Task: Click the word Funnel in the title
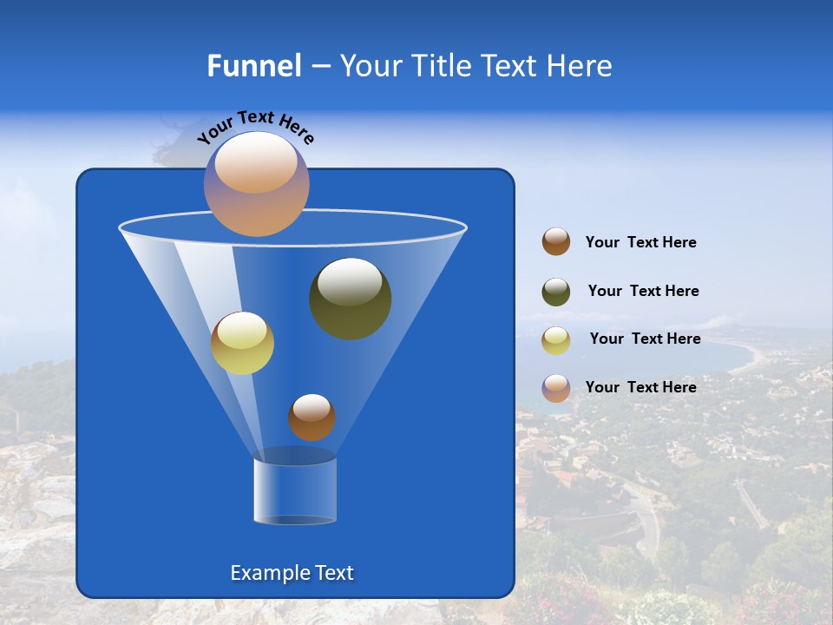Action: [253, 66]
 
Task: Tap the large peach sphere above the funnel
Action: [257, 183]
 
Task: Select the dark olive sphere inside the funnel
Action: [351, 298]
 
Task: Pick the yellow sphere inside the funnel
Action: [242, 343]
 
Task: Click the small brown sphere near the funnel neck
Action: [312, 417]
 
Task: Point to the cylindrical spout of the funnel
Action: [295, 490]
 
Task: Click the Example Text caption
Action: [292, 573]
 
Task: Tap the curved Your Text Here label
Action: [255, 127]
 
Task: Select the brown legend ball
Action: [556, 242]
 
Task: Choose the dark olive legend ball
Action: [556, 292]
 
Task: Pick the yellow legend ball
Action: [556, 340]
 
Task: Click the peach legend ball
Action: [556, 388]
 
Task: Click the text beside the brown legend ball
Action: [640, 243]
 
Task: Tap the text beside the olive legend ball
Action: [643, 292]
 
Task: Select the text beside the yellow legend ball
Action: [645, 339]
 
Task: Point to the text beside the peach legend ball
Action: [640, 387]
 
